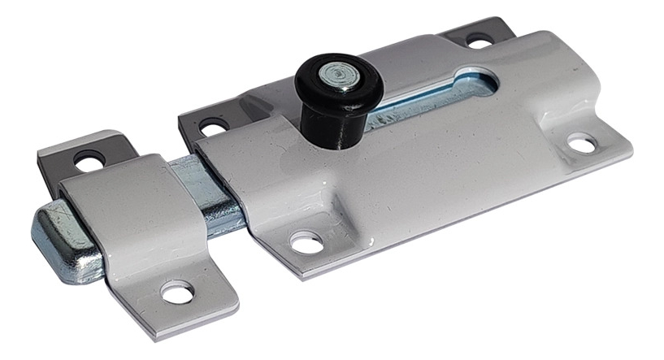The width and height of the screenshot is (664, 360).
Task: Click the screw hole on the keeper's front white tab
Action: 177,292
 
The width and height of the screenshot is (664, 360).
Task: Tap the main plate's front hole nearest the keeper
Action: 306,241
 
